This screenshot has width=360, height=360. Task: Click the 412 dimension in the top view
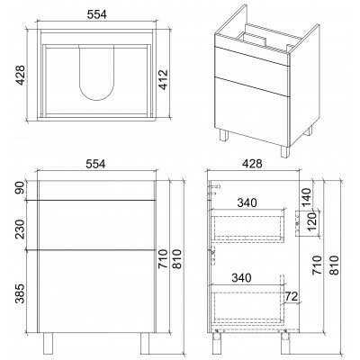pos(164,80)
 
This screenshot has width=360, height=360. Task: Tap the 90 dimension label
pos(22,188)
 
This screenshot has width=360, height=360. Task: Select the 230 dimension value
pos(20,229)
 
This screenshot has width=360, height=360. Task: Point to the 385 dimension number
pos(20,293)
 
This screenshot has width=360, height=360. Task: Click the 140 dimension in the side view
pos(306,197)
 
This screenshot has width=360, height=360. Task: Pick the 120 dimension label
pos(312,221)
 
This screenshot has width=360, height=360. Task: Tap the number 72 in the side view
pos(292,296)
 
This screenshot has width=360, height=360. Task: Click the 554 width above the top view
pos(96,14)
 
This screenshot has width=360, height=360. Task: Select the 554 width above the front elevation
pos(95,164)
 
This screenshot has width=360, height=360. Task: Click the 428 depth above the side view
pos(252,164)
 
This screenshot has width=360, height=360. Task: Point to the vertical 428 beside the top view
pos(21,76)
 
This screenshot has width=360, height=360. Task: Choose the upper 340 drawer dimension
pos(247,203)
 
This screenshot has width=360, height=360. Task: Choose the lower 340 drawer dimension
pos(242,278)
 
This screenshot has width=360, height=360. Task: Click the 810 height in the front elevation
pos(177,258)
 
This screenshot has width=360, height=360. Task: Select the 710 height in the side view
pos(317,265)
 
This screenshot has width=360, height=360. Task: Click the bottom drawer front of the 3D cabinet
pos(252,112)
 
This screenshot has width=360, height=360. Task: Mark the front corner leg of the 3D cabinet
pos(285,151)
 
